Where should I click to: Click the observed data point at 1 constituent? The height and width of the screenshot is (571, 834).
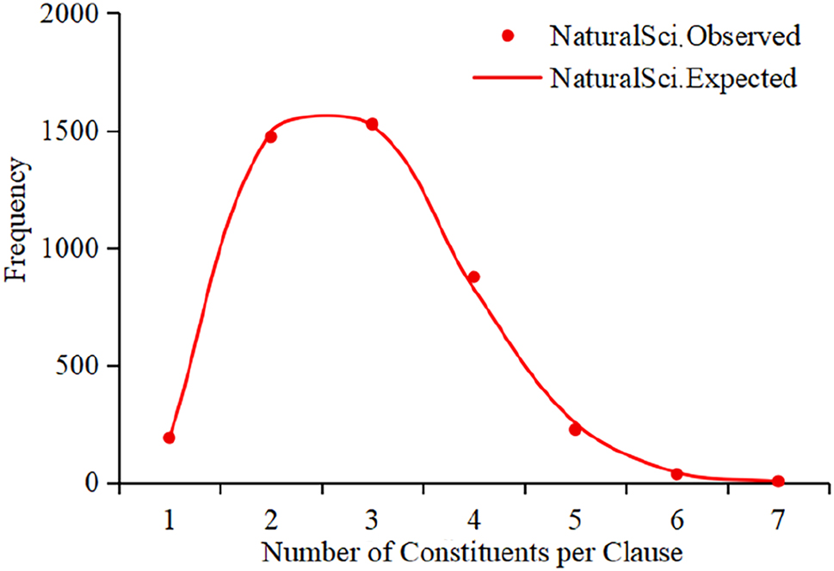[170, 438]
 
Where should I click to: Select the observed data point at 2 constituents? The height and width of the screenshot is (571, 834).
[271, 137]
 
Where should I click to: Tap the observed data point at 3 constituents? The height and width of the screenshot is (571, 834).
[372, 124]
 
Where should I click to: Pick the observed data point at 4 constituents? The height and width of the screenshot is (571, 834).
[473, 277]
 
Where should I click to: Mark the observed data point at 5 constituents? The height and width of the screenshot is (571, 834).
[575, 429]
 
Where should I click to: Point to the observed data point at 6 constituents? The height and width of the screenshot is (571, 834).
[676, 474]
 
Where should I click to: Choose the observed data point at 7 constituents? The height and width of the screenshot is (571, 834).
[778, 481]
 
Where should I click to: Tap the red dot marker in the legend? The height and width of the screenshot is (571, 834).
[509, 36]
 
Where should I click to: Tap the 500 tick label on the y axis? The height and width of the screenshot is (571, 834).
[84, 366]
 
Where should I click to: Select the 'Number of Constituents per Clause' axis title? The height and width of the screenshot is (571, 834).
[473, 550]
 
